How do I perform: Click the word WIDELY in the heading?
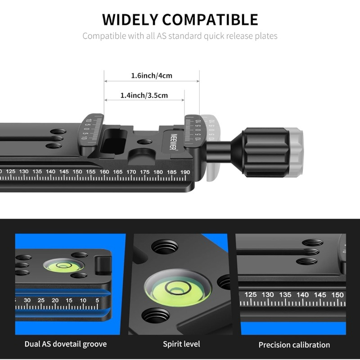pyautogui.click(x=130, y=19)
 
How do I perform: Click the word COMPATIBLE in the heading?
pyautogui.click(x=210, y=19)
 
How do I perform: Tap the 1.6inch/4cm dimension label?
pyautogui.click(x=152, y=76)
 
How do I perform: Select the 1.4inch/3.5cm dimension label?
pyautogui.click(x=144, y=95)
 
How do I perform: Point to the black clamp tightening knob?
pyautogui.click(x=265, y=152)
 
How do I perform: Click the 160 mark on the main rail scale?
pyautogui.click(x=104, y=172)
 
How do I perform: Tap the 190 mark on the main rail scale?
pyautogui.click(x=185, y=172)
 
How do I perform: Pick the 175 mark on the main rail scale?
pyautogui.click(x=145, y=172)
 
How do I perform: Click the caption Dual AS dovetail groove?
pyautogui.click(x=66, y=344)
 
